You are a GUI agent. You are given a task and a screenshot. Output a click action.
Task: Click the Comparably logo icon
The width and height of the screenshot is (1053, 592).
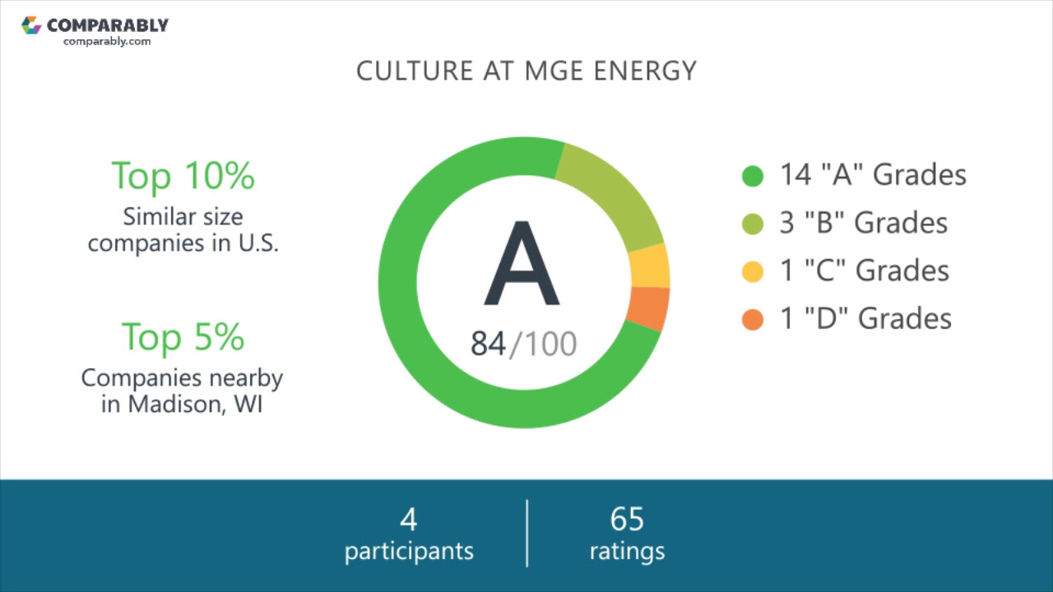click(31, 25)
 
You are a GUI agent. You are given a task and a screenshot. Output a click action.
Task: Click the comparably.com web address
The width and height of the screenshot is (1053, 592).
click(107, 41)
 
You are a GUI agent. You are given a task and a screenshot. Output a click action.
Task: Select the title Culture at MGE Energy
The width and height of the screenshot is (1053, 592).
click(526, 71)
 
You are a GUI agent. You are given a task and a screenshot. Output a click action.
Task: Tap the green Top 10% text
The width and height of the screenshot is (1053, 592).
click(183, 175)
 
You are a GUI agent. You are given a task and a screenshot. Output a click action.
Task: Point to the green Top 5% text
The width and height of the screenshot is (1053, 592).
click(183, 336)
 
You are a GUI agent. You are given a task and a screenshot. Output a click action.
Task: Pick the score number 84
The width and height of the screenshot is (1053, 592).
click(488, 344)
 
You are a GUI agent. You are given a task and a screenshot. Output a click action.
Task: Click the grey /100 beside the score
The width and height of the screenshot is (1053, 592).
click(544, 344)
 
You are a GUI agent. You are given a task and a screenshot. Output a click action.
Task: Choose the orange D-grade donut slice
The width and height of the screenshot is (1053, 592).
click(648, 308)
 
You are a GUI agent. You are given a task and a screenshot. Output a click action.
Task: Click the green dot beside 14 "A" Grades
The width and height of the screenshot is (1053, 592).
click(753, 176)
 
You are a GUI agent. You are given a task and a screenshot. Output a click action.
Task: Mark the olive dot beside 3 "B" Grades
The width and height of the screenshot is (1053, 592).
click(753, 224)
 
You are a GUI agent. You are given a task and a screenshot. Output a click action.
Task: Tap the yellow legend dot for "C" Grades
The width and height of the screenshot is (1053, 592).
click(753, 271)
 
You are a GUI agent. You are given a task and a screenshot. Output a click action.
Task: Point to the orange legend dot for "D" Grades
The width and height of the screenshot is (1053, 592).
click(753, 319)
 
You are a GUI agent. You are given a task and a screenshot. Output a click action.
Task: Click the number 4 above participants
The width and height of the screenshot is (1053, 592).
click(409, 520)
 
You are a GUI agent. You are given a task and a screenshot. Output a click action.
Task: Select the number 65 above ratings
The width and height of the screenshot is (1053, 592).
click(627, 520)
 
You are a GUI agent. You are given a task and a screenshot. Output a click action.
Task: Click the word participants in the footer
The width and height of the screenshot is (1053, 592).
click(409, 551)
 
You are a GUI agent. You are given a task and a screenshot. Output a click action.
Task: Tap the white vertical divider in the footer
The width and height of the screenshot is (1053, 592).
click(526, 533)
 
